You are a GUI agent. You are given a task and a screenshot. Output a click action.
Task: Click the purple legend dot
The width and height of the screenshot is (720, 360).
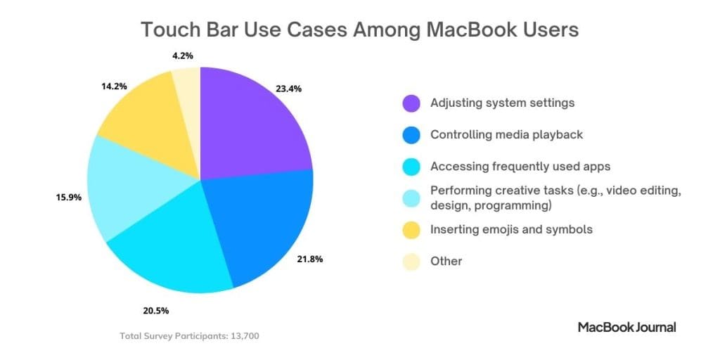411,103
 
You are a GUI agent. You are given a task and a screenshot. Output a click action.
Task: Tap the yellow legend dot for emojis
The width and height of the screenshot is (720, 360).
411,230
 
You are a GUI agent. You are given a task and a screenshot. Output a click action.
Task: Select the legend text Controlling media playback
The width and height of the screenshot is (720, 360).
506,135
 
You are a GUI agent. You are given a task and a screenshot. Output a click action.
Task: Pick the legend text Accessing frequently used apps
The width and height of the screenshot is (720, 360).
520,167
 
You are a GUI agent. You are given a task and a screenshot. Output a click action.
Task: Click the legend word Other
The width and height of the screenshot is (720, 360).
446,262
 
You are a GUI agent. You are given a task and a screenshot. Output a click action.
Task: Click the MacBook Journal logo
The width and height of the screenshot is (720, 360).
626,327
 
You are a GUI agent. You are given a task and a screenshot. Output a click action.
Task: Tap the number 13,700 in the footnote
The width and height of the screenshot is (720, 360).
244,336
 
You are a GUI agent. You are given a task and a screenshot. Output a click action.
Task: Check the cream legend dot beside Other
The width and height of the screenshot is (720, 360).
411,262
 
